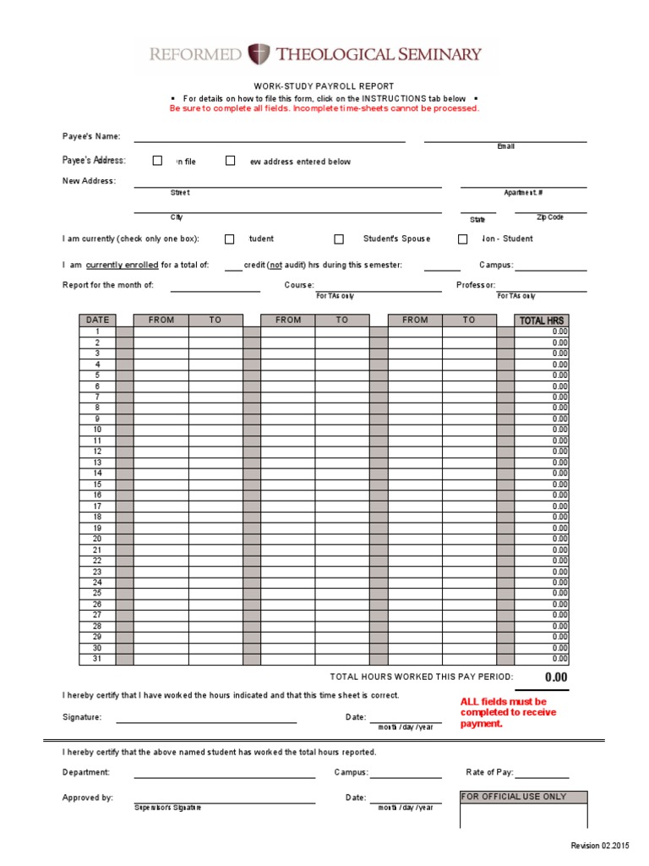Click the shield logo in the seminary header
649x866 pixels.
(x=259, y=54)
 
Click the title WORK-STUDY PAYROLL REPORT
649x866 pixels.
(x=324, y=86)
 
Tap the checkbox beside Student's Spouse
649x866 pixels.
(x=339, y=239)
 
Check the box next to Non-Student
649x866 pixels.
(x=462, y=239)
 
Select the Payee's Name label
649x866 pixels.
(x=91, y=136)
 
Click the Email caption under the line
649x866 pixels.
(x=505, y=147)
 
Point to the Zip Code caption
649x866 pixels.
(x=549, y=217)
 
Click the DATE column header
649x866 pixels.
(x=97, y=321)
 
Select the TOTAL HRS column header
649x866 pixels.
(x=543, y=321)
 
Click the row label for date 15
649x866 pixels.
(x=97, y=485)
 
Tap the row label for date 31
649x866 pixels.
(x=97, y=659)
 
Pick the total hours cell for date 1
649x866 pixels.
(x=543, y=332)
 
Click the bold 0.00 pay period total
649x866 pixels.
(x=556, y=677)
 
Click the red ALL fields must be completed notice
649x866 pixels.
(x=508, y=712)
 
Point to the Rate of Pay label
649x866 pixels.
(x=489, y=772)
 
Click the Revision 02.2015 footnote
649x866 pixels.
(x=600, y=847)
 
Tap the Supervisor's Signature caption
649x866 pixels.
(x=167, y=808)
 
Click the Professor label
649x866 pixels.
(x=476, y=285)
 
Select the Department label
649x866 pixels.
(x=86, y=772)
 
